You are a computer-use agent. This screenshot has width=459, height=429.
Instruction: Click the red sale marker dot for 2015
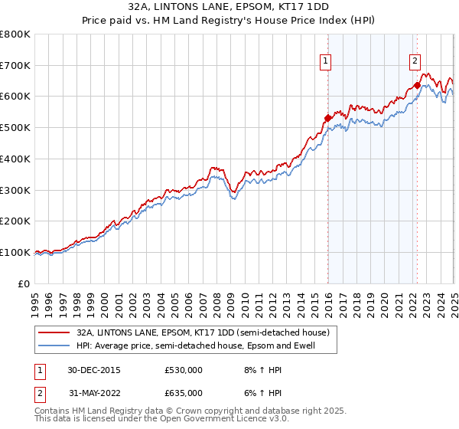pyautogui.click(x=327, y=118)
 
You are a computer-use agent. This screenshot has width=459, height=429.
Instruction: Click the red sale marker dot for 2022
pyautogui.click(x=417, y=85)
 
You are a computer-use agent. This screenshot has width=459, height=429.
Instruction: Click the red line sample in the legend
pyautogui.click(x=54, y=332)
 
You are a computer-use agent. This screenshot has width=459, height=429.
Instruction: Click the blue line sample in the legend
pyautogui.click(x=54, y=345)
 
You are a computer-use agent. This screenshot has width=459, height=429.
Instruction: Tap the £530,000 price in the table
pyautogui.click(x=183, y=370)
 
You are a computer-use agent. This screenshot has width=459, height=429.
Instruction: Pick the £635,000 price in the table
pyautogui.click(x=183, y=393)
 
